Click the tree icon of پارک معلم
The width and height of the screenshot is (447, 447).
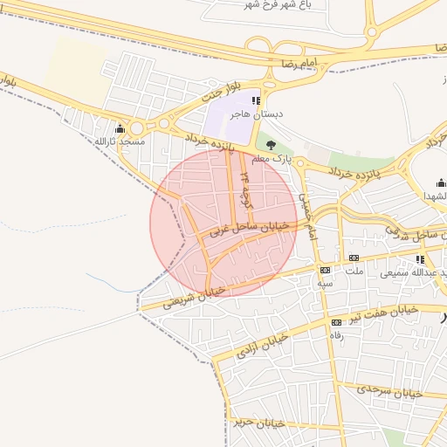point(271,145)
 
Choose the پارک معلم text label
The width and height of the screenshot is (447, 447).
point(270,159)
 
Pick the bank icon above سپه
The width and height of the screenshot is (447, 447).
point(325,270)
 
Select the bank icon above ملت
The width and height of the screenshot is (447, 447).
point(354,258)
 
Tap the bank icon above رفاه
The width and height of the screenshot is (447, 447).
point(336,322)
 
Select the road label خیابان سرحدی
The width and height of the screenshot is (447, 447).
point(390,390)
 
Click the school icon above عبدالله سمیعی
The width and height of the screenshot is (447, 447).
point(420,259)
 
